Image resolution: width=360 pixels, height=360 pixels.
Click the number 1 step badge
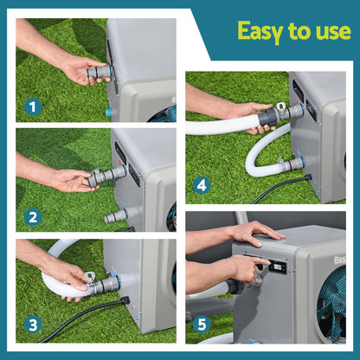[x=33, y=107]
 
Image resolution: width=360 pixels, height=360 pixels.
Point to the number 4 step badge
[x=202, y=183]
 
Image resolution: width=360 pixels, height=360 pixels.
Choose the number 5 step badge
[x=202, y=325]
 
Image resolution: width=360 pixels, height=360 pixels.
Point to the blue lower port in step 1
[x=109, y=112]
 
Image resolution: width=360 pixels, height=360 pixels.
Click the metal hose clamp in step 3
[x=89, y=281]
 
